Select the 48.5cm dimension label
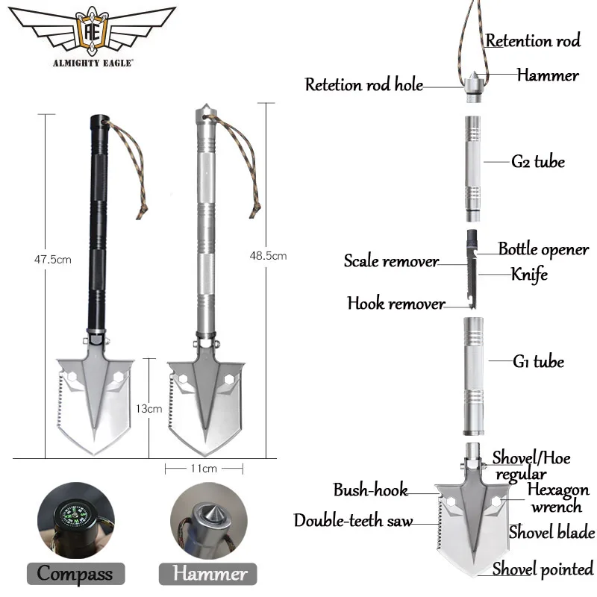tap(268, 256)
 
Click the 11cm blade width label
tap(204, 468)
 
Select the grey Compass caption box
tap(75, 573)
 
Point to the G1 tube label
tap(538, 362)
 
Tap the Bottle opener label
tap(543, 249)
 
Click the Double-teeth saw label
tap(353, 521)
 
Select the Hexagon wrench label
tap(558, 498)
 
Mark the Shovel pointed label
tap(543, 569)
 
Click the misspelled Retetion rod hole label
tap(363, 84)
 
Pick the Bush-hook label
tap(370, 490)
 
